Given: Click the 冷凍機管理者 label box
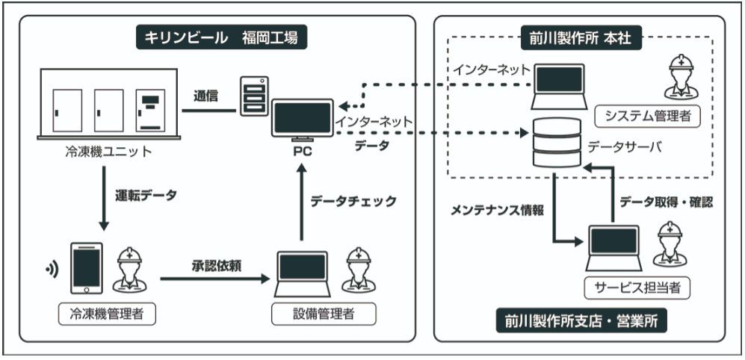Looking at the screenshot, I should point(107,314).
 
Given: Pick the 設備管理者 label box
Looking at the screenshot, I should point(324,314).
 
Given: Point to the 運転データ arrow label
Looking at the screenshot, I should point(146,196).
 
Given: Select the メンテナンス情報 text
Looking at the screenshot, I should point(496,211).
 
